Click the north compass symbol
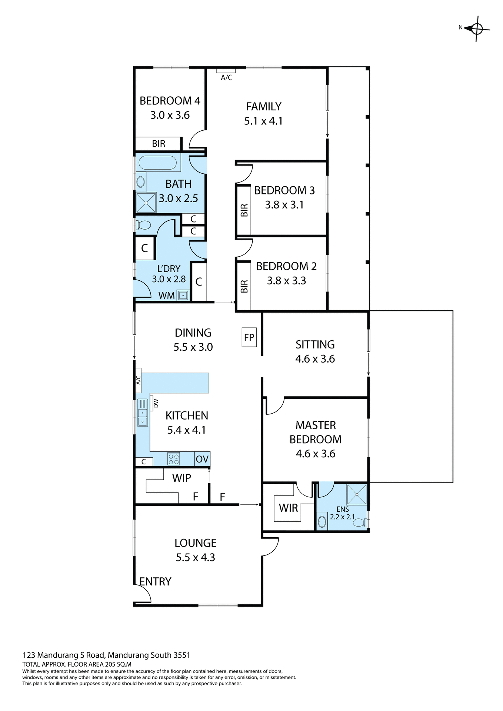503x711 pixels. click(x=477, y=29)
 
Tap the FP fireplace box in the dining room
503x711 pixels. click(x=249, y=337)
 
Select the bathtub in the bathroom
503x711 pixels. click(x=157, y=163)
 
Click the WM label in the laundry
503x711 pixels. click(x=166, y=296)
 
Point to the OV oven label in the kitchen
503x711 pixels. click(x=202, y=459)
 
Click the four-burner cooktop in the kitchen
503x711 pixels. click(x=174, y=459)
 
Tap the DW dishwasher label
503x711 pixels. click(x=156, y=403)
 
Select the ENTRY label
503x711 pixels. click(x=155, y=581)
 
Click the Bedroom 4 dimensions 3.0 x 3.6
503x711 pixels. click(x=170, y=115)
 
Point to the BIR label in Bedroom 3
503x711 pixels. click(x=244, y=210)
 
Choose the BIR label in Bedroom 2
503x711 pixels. click(x=244, y=286)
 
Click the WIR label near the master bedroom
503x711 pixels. click(x=288, y=508)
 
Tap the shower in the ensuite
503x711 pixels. click(x=356, y=494)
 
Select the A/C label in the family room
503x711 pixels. click(x=226, y=77)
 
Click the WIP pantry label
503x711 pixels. click(x=181, y=478)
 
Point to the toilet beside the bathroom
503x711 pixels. click(x=143, y=225)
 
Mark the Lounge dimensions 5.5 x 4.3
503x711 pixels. click(x=195, y=557)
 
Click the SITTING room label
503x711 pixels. click(x=315, y=344)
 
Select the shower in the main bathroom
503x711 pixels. click(x=146, y=203)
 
